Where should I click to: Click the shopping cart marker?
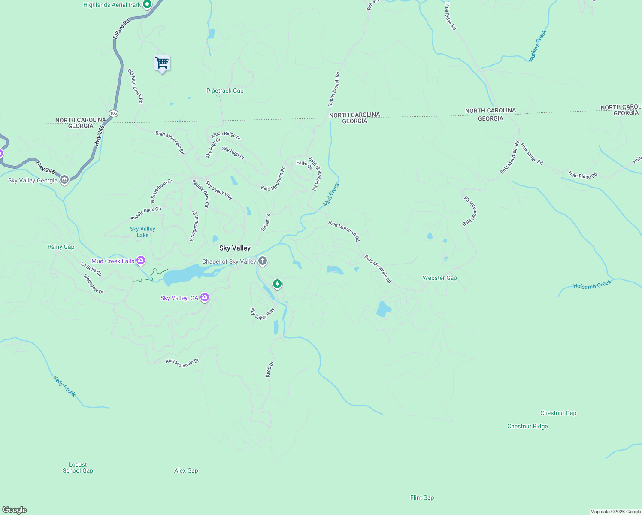(162, 63)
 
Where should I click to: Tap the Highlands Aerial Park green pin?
(147, 5)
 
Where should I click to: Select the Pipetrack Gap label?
(225, 91)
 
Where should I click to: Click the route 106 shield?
(113, 113)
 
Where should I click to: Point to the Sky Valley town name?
(235, 248)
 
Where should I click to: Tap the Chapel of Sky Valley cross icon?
(263, 261)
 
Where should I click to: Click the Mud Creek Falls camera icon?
(141, 261)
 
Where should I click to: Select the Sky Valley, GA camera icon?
(205, 297)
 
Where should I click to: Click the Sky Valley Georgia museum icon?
(64, 180)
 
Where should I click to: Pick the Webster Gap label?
(440, 278)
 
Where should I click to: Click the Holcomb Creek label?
(592, 285)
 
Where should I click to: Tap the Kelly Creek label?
(64, 386)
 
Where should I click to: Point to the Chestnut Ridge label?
(527, 427)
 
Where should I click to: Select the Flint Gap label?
(422, 498)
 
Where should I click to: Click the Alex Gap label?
(186, 471)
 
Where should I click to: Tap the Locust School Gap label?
(78, 468)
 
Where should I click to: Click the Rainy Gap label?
(61, 247)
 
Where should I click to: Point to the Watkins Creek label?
(537, 46)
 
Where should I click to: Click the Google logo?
(15, 510)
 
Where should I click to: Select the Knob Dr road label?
(270, 370)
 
